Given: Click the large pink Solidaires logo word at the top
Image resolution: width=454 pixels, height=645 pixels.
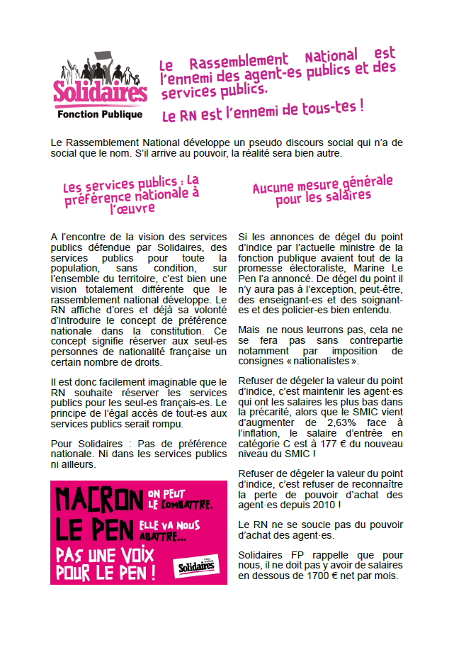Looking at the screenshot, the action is (100, 93).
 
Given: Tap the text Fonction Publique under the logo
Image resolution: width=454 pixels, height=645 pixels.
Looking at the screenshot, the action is (100, 114).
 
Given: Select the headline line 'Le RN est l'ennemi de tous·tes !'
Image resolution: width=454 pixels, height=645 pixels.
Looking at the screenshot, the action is (263, 110).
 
